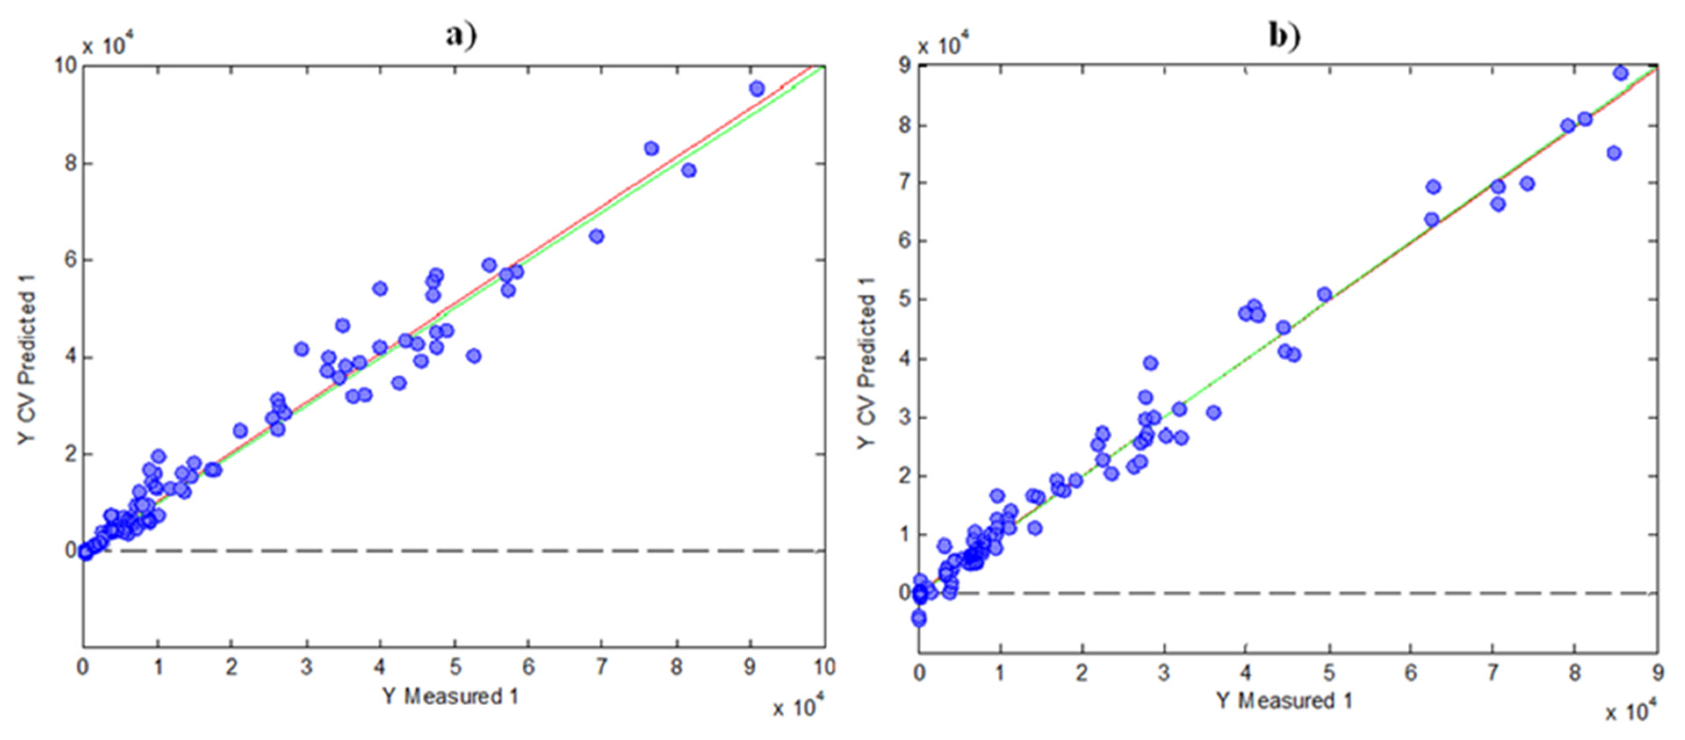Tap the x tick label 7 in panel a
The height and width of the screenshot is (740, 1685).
(x=601, y=667)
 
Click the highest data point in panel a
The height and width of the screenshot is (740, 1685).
(x=757, y=88)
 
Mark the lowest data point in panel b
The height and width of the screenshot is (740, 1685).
(x=919, y=618)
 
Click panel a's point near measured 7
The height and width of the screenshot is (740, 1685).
(x=596, y=236)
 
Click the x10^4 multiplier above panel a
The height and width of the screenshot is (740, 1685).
(x=108, y=46)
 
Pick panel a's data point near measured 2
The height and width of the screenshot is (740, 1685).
(x=240, y=431)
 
